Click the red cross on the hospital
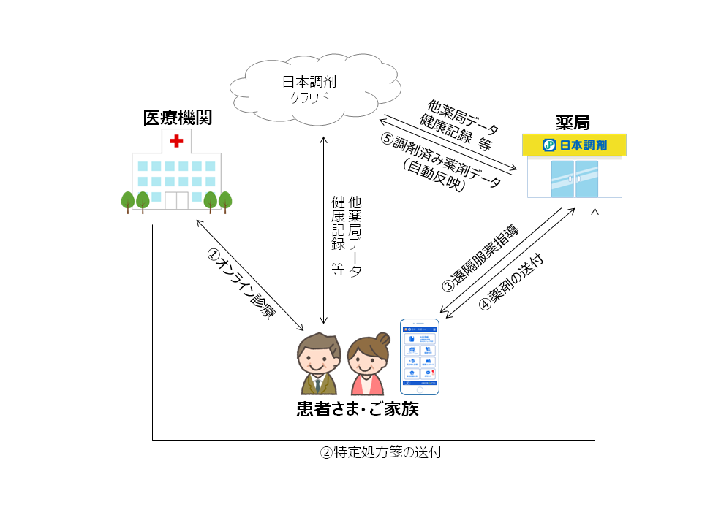pyautogui.click(x=176, y=140)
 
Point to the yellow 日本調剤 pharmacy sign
pyautogui.click(x=574, y=145)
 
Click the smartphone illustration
pyautogui.click(x=420, y=357)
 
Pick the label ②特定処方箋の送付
pyautogui.click(x=381, y=451)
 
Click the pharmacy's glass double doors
pyautogui.click(x=575, y=179)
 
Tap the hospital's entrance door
pyautogui.click(x=176, y=199)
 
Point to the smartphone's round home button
pyautogui.click(x=420, y=389)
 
